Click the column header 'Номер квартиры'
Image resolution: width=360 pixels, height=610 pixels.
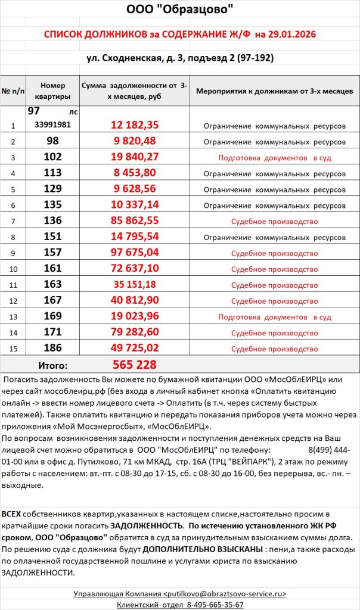coord(53,91)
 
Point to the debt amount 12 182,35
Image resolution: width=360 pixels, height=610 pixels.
coord(134,125)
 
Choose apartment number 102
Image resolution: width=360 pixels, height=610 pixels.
coord(53,158)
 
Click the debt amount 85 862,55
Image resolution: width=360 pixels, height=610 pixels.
coord(134,221)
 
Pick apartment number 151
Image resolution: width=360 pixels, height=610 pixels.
coord(53,237)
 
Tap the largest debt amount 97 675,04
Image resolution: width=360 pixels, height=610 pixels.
coord(134,253)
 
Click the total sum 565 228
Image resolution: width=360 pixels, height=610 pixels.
coord(135,365)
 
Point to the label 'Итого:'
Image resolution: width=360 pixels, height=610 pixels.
coord(53,365)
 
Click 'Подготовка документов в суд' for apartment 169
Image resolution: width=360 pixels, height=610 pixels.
coord(275,317)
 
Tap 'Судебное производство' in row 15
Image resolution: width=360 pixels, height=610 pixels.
coord(275,349)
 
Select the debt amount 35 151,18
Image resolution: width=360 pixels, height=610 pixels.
coord(134,285)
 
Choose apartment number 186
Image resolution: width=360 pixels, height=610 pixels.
coord(53,348)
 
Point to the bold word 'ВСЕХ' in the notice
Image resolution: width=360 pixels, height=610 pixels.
coord(11,513)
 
